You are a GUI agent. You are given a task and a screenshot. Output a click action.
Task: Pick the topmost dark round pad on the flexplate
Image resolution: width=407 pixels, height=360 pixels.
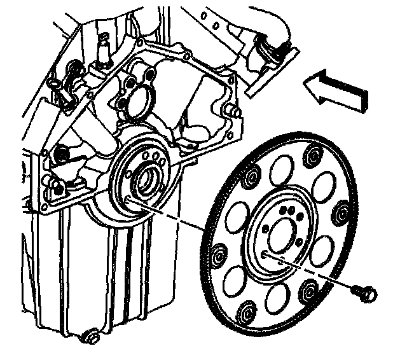pyautogui.click(x=314, y=152)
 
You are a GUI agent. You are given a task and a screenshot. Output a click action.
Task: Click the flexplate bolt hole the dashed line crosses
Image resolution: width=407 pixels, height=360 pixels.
pyautogui.click(x=264, y=253)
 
